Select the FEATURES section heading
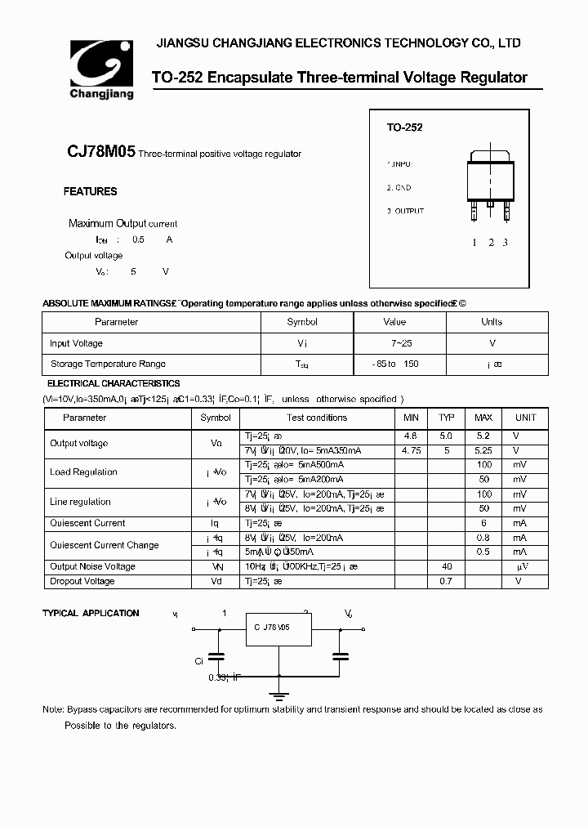point(90,192)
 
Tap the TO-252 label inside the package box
point(404,128)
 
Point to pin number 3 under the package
point(506,242)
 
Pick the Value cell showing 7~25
point(394,343)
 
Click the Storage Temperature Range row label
point(108,364)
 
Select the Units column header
point(492,322)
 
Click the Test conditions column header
point(317,418)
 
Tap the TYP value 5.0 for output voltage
point(446,436)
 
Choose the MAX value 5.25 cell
point(483,450)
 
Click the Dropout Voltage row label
point(82,582)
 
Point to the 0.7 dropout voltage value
point(446,582)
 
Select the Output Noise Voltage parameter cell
point(92,566)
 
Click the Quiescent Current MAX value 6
point(483,523)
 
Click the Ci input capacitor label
point(198,661)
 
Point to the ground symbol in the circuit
point(279,696)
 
